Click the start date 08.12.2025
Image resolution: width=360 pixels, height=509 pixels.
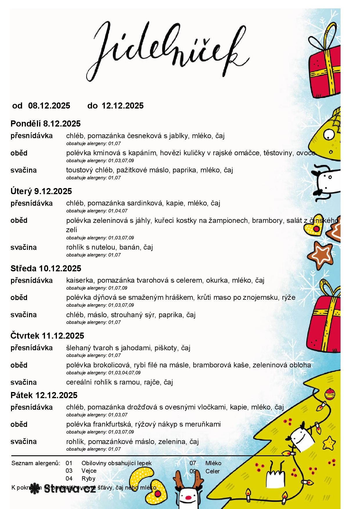click(49, 106)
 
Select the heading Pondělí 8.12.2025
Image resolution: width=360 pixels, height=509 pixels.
click(46, 124)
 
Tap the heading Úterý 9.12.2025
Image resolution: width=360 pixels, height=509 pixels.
click(41, 191)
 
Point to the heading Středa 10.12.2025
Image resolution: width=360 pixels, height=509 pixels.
click(46, 268)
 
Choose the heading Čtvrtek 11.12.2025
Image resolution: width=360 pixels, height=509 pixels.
click(47, 336)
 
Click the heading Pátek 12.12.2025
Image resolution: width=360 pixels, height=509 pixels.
click(44, 395)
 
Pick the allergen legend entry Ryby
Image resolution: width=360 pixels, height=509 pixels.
click(88, 479)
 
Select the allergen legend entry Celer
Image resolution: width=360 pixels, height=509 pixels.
click(213, 471)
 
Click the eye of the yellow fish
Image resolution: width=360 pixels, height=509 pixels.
click(329, 134)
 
